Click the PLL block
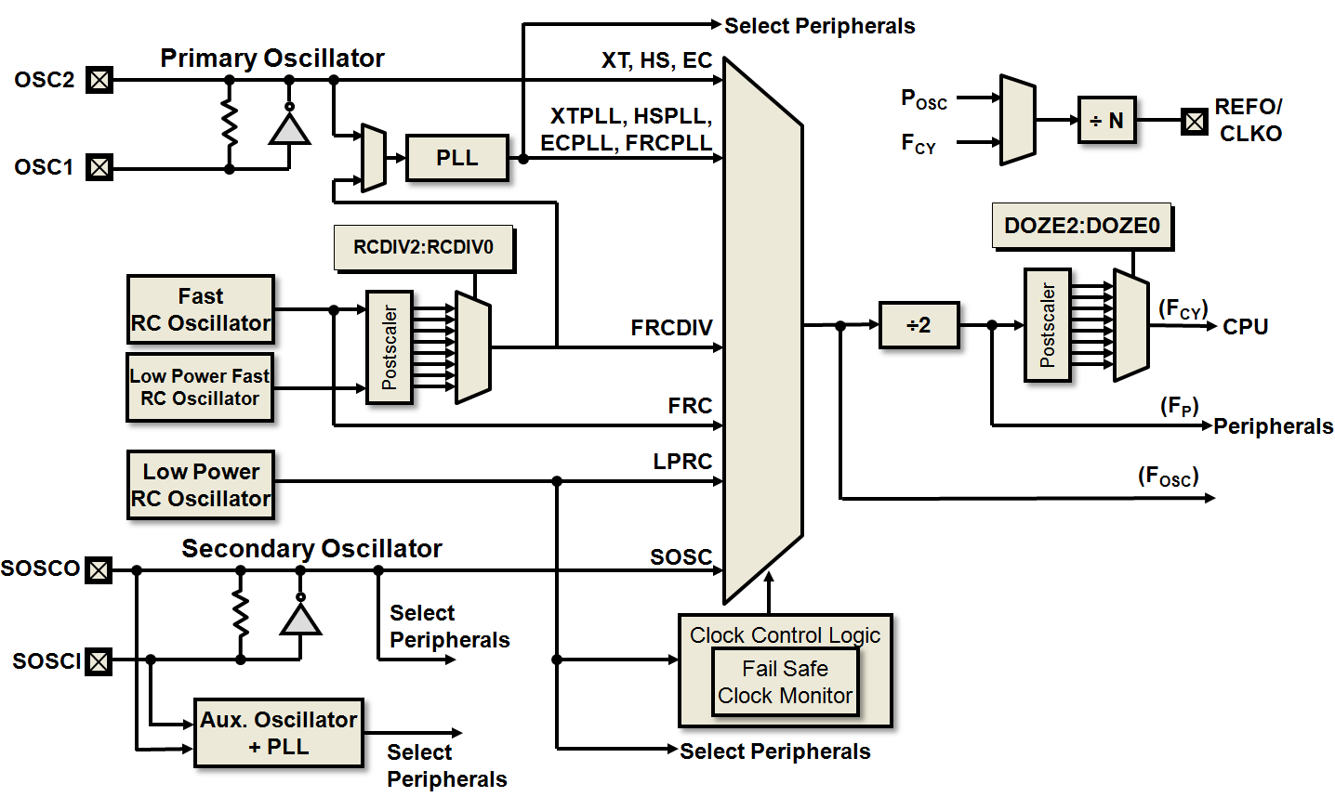click(x=457, y=158)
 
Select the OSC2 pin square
click(x=99, y=80)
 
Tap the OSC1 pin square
click(x=99, y=168)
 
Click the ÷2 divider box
click(x=919, y=325)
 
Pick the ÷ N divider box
click(x=1106, y=120)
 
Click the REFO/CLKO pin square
click(x=1195, y=121)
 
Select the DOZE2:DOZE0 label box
click(x=1082, y=227)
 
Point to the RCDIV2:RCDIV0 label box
click(x=423, y=248)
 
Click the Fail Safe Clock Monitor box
click(x=785, y=683)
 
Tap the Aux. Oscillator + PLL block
click(x=278, y=733)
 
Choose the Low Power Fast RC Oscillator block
click(x=200, y=387)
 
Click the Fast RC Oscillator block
click(x=200, y=309)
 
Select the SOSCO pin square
click(x=99, y=569)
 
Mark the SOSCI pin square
click(x=99, y=661)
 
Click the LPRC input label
click(x=682, y=462)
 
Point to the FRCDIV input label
click(x=671, y=328)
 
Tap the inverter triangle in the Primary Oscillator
click(x=289, y=128)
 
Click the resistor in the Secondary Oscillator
click(x=241, y=614)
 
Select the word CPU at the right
click(x=1246, y=327)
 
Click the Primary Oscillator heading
click(x=272, y=58)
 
